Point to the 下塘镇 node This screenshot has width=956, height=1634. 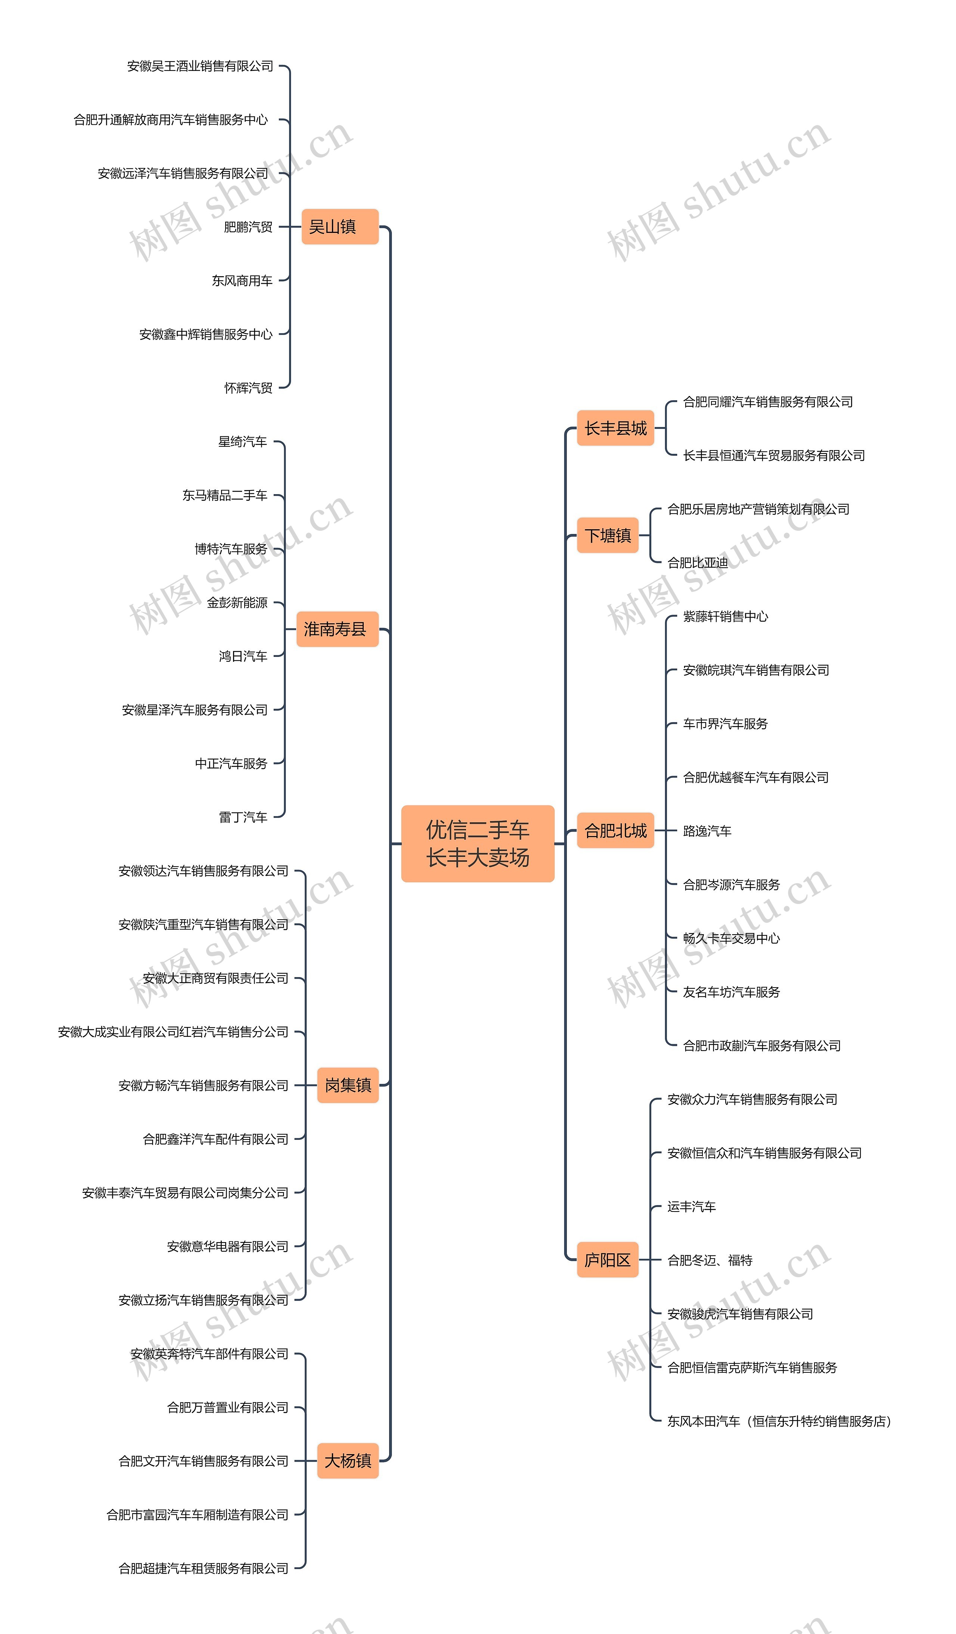607,535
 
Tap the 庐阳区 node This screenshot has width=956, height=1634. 607,1260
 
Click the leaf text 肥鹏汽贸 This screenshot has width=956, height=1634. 248,227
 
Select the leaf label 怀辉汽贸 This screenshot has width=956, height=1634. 248,388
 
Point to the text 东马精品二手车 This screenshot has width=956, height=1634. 224,495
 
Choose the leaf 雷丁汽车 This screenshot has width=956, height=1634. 243,817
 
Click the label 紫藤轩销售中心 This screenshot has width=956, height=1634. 725,616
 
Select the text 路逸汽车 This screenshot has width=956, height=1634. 707,830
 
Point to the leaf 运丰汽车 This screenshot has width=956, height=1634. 691,1206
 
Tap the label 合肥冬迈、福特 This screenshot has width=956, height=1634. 710,1260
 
